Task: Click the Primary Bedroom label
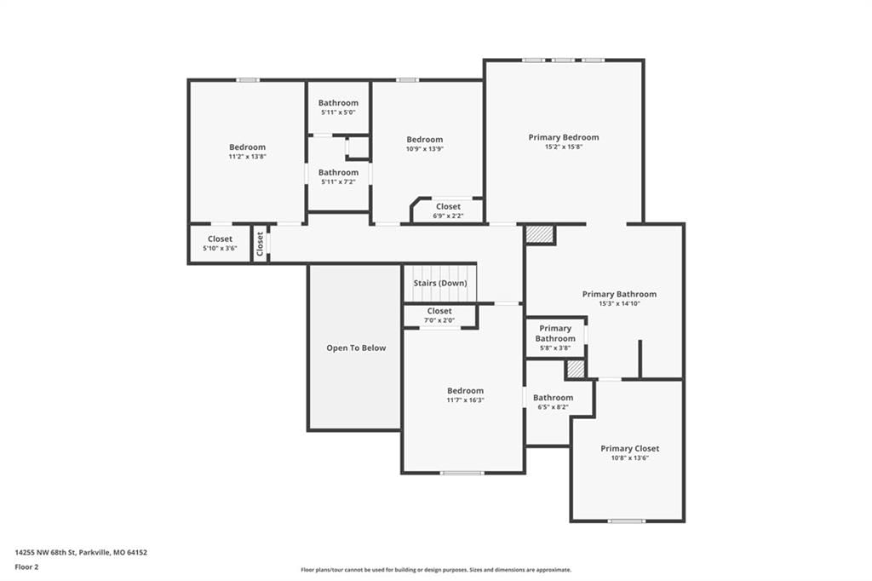click(x=564, y=137)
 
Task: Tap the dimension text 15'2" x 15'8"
click(x=564, y=147)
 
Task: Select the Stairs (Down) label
click(x=440, y=284)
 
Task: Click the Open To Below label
click(x=356, y=348)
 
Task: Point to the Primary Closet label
click(x=629, y=449)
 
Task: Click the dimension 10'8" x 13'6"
click(x=629, y=458)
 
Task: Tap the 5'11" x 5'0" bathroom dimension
click(x=338, y=112)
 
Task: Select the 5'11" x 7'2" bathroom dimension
click(x=338, y=182)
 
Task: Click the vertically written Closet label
click(x=260, y=244)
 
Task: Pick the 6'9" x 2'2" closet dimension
click(x=448, y=216)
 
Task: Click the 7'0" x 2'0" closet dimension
click(x=439, y=320)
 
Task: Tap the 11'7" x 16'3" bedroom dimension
click(x=466, y=400)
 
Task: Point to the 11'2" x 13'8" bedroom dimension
click(x=248, y=157)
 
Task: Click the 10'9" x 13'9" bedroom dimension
click(x=425, y=149)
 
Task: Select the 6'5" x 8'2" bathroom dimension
click(x=553, y=407)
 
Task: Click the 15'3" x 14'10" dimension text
click(x=620, y=304)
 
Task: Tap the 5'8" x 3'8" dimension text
click(x=555, y=348)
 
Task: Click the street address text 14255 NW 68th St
click(x=45, y=553)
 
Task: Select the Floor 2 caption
click(x=26, y=567)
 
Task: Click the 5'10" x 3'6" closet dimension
click(x=220, y=248)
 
